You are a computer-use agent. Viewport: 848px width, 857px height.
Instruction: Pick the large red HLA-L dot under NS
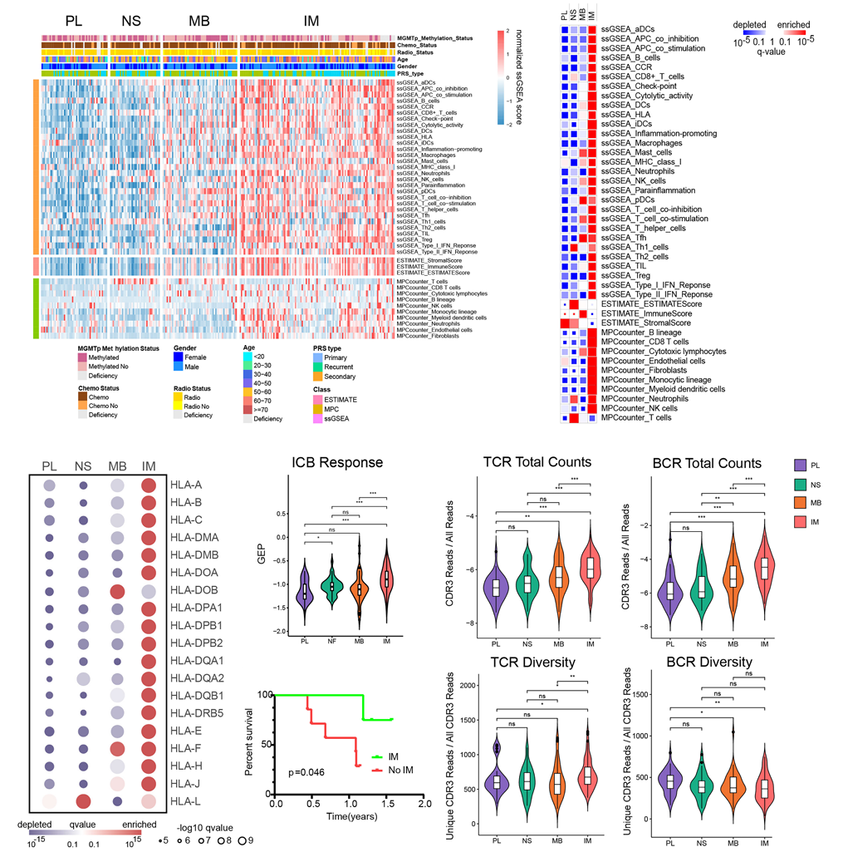(82, 800)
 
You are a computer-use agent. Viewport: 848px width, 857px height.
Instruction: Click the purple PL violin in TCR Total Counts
(497, 589)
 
